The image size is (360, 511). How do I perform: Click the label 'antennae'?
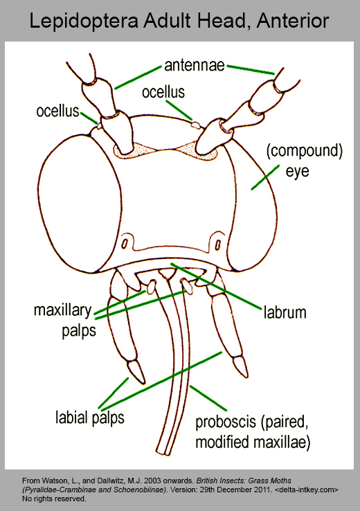195,66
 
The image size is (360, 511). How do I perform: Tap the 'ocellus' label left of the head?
57,111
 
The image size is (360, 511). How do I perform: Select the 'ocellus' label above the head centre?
163,92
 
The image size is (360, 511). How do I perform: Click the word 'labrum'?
285,312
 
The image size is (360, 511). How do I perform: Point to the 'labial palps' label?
90,418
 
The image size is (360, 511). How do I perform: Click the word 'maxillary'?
62,311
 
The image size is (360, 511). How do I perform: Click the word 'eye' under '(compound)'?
297,172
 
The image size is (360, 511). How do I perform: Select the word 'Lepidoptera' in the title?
83,21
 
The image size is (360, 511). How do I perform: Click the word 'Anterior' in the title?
293,20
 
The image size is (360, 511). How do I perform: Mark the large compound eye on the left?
80,203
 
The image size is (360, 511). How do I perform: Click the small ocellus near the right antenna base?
195,124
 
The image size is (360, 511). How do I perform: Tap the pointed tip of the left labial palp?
143,383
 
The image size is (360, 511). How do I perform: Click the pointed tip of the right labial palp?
246,377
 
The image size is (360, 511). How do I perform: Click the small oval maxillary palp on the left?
150,287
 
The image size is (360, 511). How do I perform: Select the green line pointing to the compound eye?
265,177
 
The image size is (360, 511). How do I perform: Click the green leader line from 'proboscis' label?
208,398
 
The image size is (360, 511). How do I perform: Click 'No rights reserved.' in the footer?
54,499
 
